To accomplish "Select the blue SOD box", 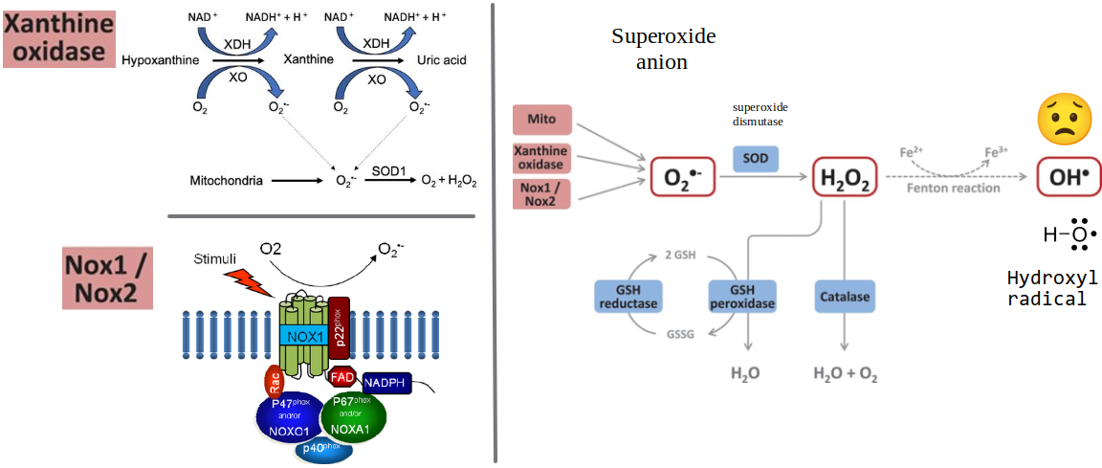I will point(756,158).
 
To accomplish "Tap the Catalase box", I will point(844,297).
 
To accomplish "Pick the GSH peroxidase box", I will point(741,297).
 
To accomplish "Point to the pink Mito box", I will point(542,120).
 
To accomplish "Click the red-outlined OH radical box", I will point(1069,177).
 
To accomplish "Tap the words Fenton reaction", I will point(954,189).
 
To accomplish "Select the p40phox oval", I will point(322,449).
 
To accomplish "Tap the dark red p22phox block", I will point(340,326).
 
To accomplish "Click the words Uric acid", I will point(442,60).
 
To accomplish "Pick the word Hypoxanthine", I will point(160,60).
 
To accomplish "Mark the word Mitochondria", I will point(227,180).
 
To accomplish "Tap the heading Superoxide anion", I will point(663,49).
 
